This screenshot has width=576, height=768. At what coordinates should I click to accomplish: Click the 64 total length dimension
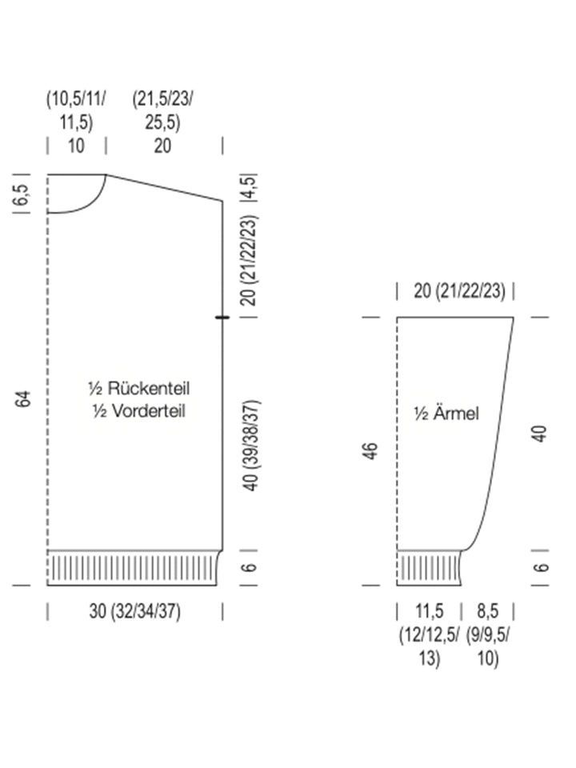point(23,398)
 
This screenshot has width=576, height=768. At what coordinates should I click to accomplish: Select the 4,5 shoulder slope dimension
point(249,186)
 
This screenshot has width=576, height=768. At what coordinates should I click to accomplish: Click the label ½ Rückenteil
point(138,389)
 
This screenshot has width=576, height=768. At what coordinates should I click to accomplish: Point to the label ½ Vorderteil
point(138,410)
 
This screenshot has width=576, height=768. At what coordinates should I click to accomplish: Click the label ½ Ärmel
point(446,414)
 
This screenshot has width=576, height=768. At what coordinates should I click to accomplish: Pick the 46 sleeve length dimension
point(371,450)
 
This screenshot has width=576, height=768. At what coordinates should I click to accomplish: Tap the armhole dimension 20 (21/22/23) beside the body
point(249,260)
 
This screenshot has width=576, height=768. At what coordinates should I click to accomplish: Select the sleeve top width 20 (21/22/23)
point(459,291)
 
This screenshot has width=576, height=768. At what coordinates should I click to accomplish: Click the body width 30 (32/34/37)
point(134,611)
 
